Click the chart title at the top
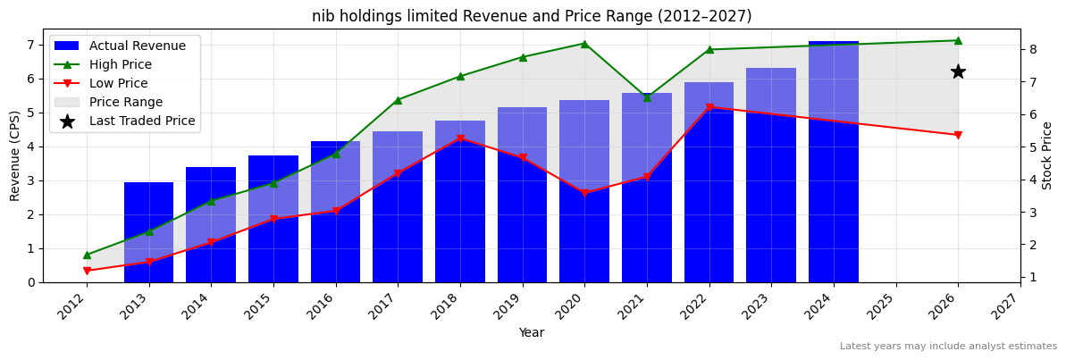click(x=532, y=16)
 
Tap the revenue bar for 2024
click(x=833, y=161)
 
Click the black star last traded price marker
click(x=958, y=71)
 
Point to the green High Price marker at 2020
click(x=584, y=44)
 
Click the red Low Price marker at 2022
click(x=709, y=107)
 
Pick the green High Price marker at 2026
click(x=958, y=40)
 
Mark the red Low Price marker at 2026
click(x=958, y=135)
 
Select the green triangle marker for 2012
click(x=87, y=255)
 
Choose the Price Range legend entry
click(x=126, y=102)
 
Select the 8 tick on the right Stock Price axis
click(x=1032, y=49)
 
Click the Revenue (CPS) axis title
click(x=15, y=155)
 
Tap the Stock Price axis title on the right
click(x=1047, y=155)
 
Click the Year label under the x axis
click(x=532, y=332)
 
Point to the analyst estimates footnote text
click(x=948, y=347)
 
